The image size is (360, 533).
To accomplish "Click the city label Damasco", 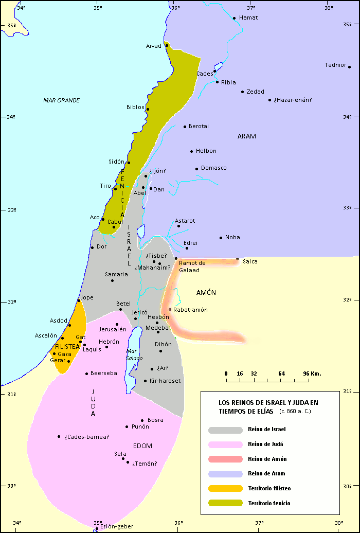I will click(213, 168).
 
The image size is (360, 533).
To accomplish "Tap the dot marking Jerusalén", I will click(117, 325).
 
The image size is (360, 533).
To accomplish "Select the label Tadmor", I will click(335, 65).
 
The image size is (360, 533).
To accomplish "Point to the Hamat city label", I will click(248, 17).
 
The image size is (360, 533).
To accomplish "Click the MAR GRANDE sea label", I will click(61, 100).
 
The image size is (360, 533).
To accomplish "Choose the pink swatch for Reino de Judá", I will click(225, 445).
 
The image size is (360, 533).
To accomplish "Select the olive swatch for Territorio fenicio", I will click(225, 503).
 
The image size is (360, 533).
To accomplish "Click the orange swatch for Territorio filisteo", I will click(225, 488).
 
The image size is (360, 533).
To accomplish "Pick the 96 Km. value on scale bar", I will click(312, 374).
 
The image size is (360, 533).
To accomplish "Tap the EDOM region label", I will click(142, 446).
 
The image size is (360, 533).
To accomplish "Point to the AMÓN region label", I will click(206, 292).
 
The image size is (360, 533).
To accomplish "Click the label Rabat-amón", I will click(190, 310).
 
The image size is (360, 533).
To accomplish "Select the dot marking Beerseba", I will click(86, 374).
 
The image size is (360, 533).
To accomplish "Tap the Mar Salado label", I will click(134, 354).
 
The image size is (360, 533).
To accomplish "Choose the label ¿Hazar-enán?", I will click(293, 100).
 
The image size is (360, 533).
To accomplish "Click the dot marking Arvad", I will click(167, 46).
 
